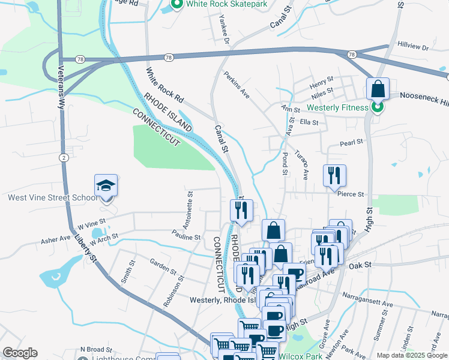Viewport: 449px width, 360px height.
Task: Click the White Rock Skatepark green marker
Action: point(177,5)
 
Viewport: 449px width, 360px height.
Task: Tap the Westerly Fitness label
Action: point(337,108)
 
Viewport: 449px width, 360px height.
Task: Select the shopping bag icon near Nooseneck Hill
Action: point(378,89)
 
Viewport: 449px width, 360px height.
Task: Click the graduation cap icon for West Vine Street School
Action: point(106,186)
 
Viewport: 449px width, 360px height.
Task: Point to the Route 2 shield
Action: point(63,157)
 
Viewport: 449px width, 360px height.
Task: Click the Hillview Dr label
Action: point(413,46)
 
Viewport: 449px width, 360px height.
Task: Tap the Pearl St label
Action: point(352,142)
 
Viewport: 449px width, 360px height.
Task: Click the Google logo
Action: point(20,353)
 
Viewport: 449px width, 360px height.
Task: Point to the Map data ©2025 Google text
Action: point(412,355)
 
